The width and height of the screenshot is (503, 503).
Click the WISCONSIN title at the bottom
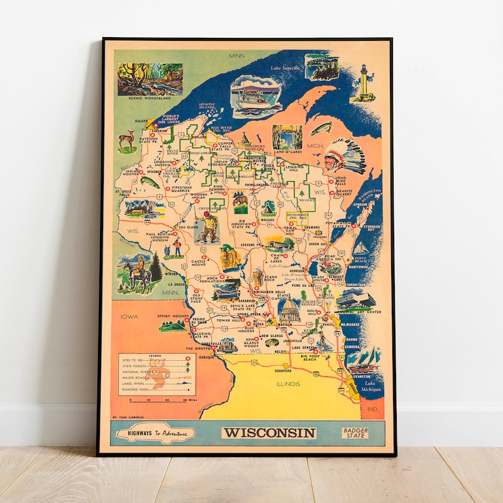click(x=268, y=433)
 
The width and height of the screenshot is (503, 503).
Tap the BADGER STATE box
click(x=357, y=433)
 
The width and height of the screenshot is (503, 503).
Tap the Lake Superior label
click(x=285, y=68)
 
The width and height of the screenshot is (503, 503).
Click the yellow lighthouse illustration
click(x=364, y=83)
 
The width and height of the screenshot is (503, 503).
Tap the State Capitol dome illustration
click(x=289, y=311)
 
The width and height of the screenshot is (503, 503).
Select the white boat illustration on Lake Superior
click(x=256, y=96)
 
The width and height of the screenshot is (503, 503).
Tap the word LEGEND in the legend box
click(x=155, y=355)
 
